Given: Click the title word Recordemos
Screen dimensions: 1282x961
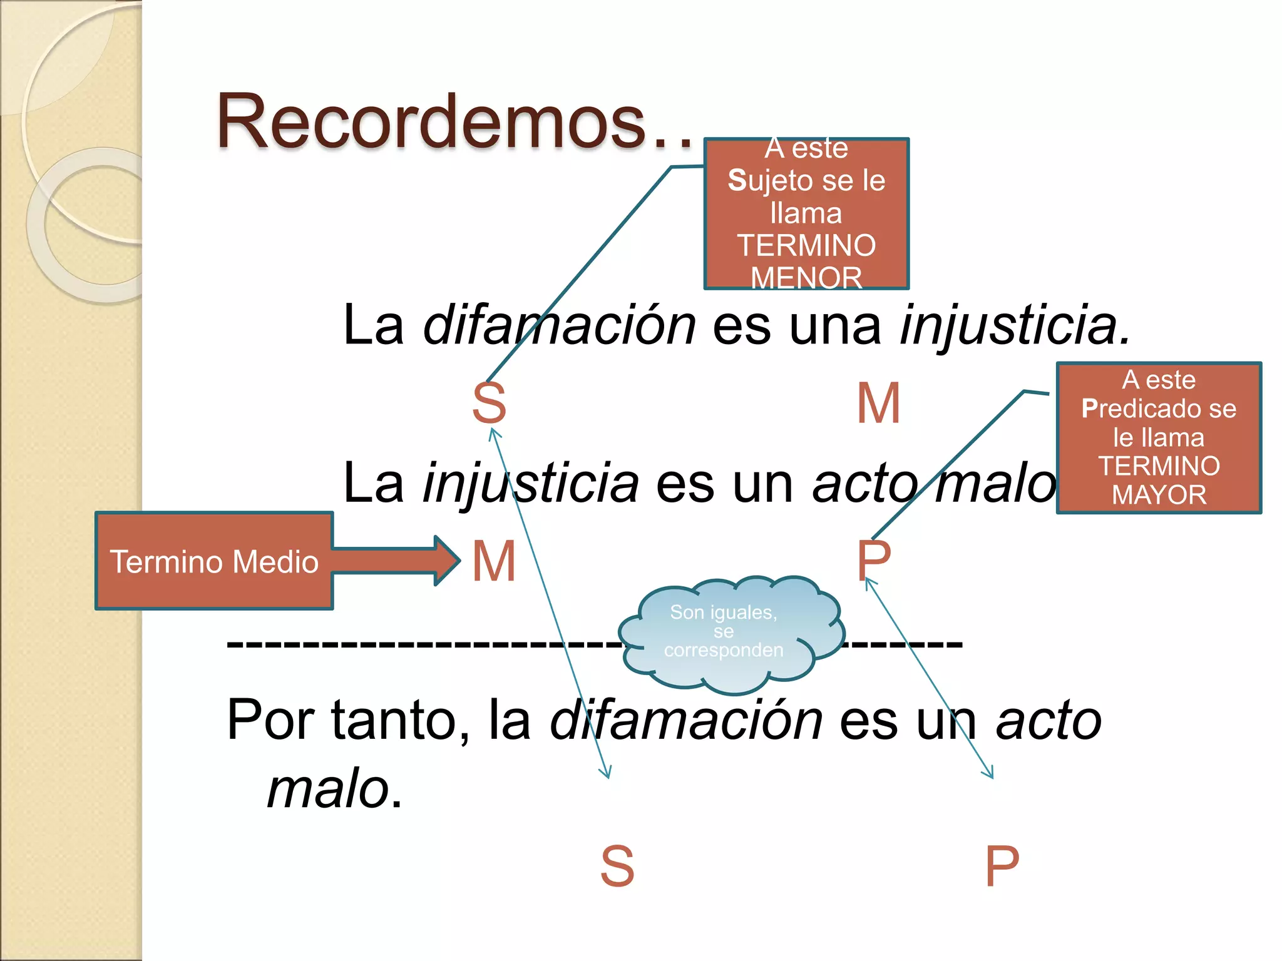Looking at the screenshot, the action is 432,122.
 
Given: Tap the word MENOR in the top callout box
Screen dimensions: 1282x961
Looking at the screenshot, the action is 806,278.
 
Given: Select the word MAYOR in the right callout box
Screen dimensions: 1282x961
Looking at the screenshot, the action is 1159,495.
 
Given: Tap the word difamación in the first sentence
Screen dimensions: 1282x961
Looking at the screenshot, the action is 559,325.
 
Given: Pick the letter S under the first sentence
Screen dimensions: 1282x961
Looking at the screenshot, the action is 489,404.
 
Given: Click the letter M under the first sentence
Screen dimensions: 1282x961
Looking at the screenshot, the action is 878,404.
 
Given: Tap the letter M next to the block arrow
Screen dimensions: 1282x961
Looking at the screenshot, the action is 494,561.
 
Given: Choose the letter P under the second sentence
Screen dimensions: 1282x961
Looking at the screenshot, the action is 873,560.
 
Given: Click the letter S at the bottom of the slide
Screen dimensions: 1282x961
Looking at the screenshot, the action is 617,867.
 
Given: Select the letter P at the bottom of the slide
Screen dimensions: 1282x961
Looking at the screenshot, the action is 1002,867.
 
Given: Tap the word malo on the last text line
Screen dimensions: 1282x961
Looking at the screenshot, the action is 329,788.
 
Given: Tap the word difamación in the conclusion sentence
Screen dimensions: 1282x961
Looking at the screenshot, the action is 686,721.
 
